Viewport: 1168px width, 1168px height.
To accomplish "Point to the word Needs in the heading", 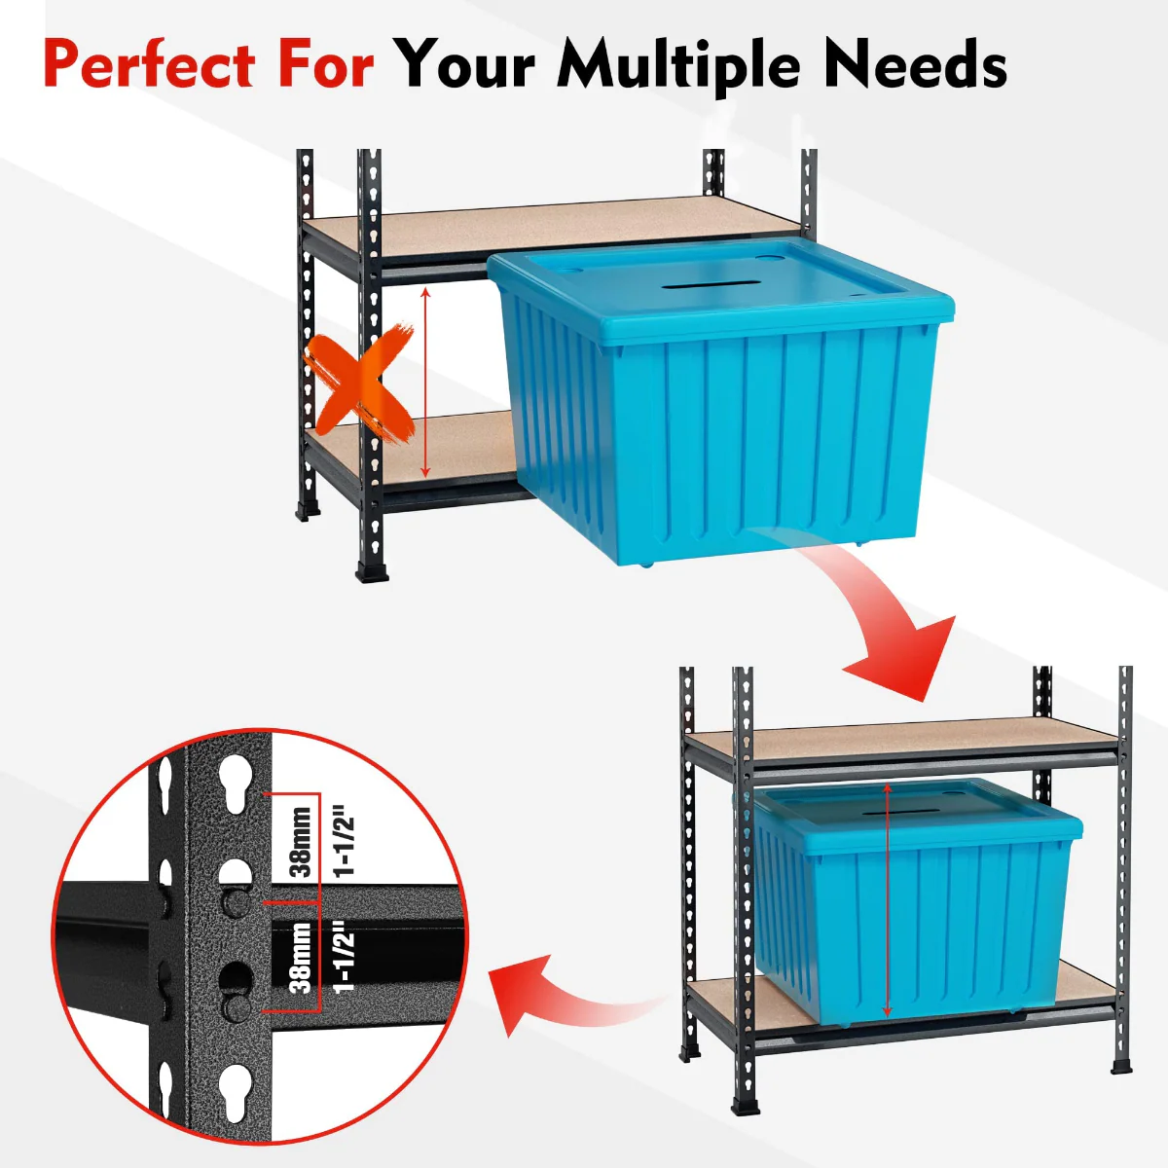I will [x=915, y=65].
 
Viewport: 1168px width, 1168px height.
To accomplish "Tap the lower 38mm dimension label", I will [x=301, y=958].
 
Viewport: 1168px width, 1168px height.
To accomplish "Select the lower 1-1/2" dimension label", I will [x=344, y=958].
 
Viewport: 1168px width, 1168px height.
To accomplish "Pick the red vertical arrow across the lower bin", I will [x=887, y=900].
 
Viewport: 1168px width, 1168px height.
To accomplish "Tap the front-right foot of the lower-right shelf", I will [x=1121, y=1066].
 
